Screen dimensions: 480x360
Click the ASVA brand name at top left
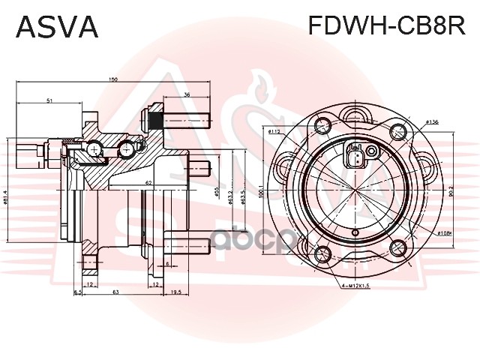pos(57,26)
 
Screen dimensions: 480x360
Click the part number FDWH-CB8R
pos(388,26)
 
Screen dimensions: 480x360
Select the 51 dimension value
pos(49,100)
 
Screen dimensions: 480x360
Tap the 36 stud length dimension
pos(186,94)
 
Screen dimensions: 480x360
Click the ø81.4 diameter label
pos(6,197)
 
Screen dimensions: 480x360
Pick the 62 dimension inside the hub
pos(150,183)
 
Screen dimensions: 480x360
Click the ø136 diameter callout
pos(431,121)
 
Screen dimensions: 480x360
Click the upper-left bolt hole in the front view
pos(324,123)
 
